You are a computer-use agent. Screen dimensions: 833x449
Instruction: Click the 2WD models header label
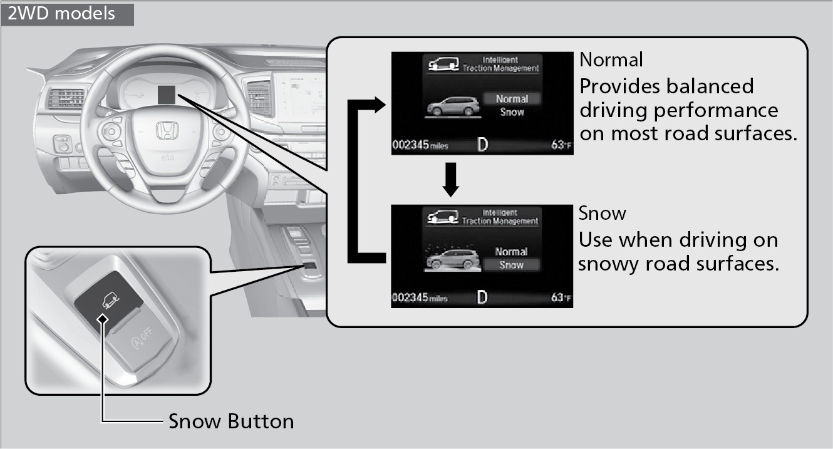(x=61, y=13)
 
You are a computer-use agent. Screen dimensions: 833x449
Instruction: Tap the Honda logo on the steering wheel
(x=167, y=130)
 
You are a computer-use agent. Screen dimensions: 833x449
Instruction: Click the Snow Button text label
(x=231, y=421)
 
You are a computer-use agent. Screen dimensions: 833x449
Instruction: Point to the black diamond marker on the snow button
(x=103, y=319)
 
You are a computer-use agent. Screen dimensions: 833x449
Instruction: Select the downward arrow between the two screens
(x=450, y=180)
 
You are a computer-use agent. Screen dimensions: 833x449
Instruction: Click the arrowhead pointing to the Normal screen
(x=380, y=105)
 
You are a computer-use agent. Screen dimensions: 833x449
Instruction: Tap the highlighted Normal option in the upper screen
(x=512, y=99)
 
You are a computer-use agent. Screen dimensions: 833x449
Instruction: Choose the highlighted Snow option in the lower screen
(x=511, y=265)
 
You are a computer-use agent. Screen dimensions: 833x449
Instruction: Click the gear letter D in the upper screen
(x=482, y=145)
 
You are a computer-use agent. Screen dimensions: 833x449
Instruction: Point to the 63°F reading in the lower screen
(x=561, y=297)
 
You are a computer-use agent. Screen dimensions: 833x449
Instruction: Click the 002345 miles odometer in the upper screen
(x=420, y=145)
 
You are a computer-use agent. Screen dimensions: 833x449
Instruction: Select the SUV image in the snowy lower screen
(x=453, y=259)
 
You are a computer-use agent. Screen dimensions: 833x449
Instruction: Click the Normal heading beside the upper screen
(x=611, y=59)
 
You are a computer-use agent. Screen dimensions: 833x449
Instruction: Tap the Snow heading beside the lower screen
(x=602, y=214)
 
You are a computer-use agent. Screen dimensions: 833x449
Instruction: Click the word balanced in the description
(x=710, y=86)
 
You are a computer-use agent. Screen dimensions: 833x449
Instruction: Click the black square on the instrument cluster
(x=167, y=95)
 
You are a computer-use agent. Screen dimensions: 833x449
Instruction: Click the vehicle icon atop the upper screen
(x=443, y=64)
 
